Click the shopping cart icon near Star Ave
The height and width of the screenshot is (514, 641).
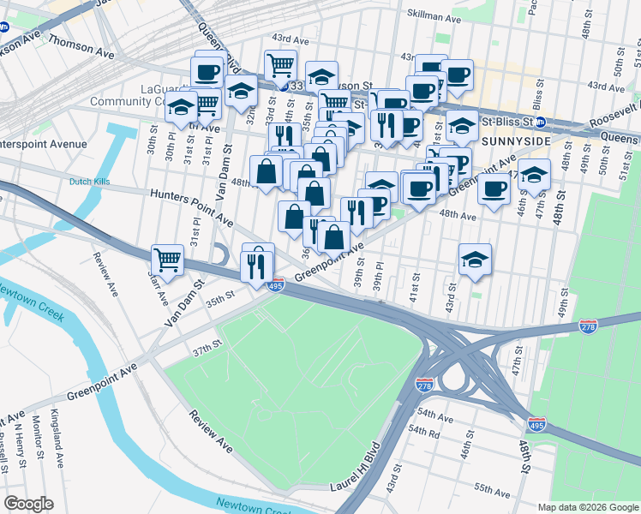[168, 258]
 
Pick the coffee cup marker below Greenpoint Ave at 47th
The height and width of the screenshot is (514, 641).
[493, 189]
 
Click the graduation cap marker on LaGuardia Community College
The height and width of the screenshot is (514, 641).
[181, 108]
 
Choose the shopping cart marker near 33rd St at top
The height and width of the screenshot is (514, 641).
[280, 64]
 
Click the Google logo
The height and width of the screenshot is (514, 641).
[28, 504]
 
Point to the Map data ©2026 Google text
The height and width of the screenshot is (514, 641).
[587, 506]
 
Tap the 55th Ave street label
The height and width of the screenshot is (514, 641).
[492, 490]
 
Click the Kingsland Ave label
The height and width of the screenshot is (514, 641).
[57, 448]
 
